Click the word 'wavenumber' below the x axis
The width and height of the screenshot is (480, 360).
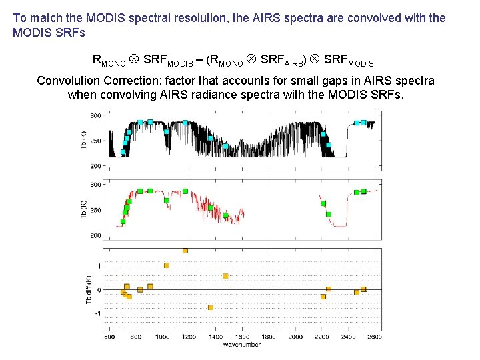(241, 345)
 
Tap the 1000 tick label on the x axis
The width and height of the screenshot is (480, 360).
(162, 337)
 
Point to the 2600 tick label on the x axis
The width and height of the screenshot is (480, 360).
(374, 337)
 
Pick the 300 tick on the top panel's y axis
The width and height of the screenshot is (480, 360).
(95, 116)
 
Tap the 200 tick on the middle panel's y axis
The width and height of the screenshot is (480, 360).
(95, 236)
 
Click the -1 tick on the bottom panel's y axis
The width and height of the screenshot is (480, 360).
(97, 313)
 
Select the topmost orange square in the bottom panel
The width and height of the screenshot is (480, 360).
(185, 251)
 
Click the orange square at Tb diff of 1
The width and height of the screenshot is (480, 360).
(167, 265)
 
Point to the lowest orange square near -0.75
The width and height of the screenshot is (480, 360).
(211, 307)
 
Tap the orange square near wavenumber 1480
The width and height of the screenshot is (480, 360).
(226, 276)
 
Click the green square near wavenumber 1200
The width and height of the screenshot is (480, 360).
(185, 191)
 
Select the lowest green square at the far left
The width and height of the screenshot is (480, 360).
(123, 221)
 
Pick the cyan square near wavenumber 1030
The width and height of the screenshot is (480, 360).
(166, 131)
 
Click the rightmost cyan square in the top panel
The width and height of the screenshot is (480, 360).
(363, 123)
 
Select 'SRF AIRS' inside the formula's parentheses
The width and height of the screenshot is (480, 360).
(282, 60)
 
